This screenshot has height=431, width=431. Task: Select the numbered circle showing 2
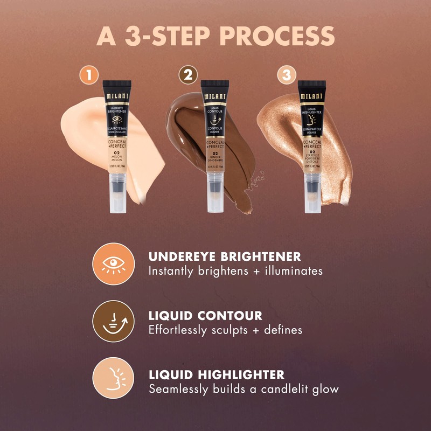point(187,75)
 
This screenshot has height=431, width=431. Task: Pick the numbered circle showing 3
point(286,75)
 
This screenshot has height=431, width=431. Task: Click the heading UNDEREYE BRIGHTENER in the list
point(225,256)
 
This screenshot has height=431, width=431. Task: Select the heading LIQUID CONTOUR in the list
point(205,315)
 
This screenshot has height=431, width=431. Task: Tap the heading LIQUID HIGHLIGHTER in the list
point(216,374)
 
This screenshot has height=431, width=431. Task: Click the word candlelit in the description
point(280,388)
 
